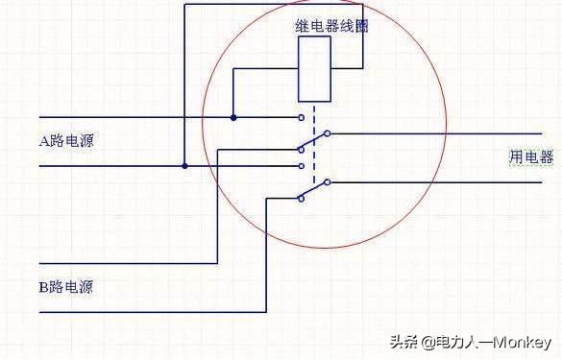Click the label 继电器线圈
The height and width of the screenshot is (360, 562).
pyautogui.click(x=331, y=27)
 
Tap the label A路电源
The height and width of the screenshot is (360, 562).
pyautogui.click(x=66, y=141)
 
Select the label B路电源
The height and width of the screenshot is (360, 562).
pyautogui.click(x=66, y=287)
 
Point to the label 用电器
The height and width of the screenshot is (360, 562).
pyautogui.click(x=531, y=156)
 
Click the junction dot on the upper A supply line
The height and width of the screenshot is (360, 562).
pyautogui.click(x=233, y=118)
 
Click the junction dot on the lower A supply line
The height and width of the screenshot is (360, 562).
pyautogui.click(x=185, y=166)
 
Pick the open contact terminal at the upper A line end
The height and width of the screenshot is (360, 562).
pyautogui.click(x=302, y=118)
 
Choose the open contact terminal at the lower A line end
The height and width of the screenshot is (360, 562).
pyautogui.click(x=302, y=166)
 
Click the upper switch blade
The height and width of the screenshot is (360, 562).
pyautogui.click(x=314, y=141)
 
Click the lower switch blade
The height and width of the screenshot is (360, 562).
pyautogui.click(x=314, y=190)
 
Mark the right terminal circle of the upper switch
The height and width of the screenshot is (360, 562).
pyautogui.click(x=328, y=132)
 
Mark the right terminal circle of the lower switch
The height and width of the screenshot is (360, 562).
pyautogui.click(x=328, y=181)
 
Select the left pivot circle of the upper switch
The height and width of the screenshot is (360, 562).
pyautogui.click(x=300, y=150)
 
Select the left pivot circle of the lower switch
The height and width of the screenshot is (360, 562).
pyautogui.click(x=300, y=199)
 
